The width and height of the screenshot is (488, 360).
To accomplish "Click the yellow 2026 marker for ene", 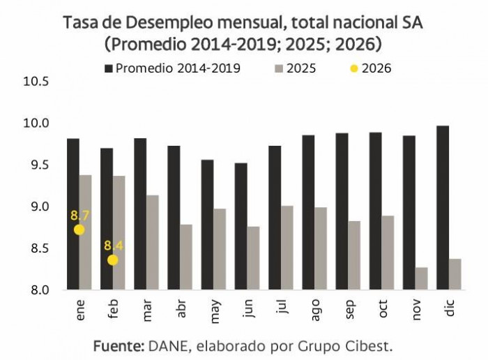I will click(x=79, y=230).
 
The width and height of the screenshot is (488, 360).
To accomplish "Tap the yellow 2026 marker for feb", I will click(x=113, y=260).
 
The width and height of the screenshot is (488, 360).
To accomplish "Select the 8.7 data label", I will click(x=80, y=215).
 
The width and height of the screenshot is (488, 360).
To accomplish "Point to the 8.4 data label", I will click(x=114, y=246).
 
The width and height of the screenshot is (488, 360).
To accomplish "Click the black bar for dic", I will click(x=443, y=207).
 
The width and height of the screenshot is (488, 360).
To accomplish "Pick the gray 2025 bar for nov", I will click(x=421, y=278).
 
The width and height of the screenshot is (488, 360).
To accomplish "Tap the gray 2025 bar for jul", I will click(x=287, y=247).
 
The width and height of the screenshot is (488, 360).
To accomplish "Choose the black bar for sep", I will click(x=342, y=211).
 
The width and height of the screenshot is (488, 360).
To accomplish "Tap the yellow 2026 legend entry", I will click(x=371, y=68).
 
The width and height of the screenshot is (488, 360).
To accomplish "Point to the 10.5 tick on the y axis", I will click(x=36, y=82).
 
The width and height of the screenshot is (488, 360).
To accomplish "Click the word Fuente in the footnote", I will click(x=118, y=345).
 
